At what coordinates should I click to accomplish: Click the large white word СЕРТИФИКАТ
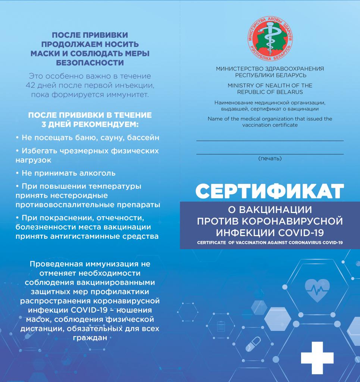point(269,191)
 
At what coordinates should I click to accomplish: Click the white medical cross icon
point(317,358)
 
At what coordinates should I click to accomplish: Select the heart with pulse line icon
point(317,289)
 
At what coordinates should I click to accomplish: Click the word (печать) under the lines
point(270,159)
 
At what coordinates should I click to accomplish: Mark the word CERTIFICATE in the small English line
point(211,242)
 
